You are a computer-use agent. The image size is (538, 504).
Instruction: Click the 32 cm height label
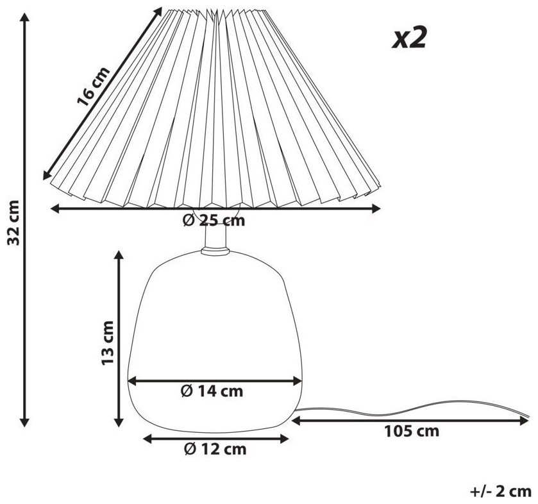[x=13, y=222]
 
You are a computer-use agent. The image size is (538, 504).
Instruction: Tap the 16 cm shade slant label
[x=93, y=86]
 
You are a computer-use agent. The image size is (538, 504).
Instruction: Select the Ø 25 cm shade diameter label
[x=214, y=221]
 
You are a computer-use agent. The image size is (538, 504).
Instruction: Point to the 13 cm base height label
[x=108, y=343]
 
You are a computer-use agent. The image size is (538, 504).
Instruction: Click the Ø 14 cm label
[x=212, y=391]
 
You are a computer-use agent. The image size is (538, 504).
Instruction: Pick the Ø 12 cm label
[x=215, y=449]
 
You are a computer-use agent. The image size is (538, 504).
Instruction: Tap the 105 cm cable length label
[x=412, y=432]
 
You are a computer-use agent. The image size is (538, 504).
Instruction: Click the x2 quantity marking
[x=409, y=38]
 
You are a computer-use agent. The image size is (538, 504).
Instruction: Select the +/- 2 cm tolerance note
[x=501, y=492]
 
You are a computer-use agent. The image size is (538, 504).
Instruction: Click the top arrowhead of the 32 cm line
[x=24, y=17]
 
